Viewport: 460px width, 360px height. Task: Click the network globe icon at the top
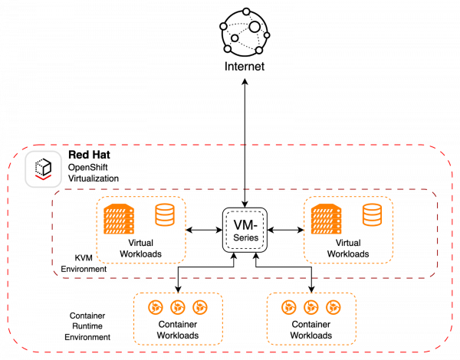coord(245,34)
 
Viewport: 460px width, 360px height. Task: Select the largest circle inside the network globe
coord(255,27)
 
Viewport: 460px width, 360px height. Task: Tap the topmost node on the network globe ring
coord(245,11)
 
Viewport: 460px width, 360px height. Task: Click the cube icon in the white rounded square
coord(43,166)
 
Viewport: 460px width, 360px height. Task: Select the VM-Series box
coord(245,230)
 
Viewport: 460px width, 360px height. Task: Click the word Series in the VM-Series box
coord(245,238)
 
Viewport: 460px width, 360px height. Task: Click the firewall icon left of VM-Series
coord(119,219)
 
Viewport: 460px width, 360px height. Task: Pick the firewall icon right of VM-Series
coord(326,219)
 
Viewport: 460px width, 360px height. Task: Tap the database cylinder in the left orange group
coord(164,214)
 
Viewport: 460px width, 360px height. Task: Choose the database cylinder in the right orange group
coord(373,214)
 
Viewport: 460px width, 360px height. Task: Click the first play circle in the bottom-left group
coord(155,307)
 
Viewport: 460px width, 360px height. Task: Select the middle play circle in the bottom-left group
coord(177,307)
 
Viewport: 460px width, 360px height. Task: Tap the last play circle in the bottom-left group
coord(199,307)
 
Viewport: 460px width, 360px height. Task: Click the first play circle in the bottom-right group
coord(288,307)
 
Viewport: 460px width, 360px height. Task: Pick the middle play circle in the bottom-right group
coord(310,307)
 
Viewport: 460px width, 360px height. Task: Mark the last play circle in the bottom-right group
coord(333,307)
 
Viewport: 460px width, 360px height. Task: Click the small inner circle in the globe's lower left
coord(235,38)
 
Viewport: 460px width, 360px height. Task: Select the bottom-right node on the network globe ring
coord(259,51)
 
